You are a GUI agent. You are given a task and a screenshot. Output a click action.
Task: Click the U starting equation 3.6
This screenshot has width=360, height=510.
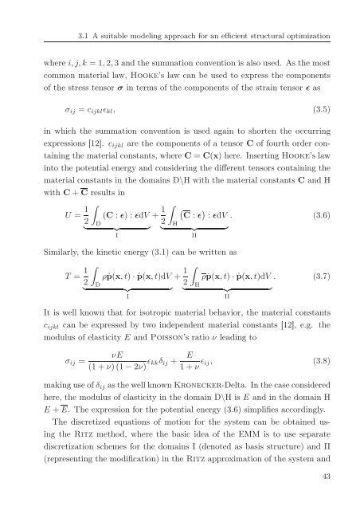pyautogui.click(x=49, y=215)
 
